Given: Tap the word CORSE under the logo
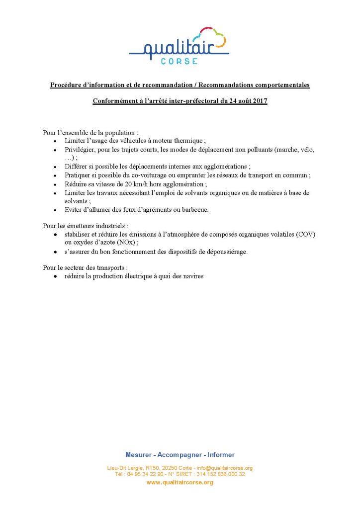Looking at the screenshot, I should pyautogui.click(x=180, y=61).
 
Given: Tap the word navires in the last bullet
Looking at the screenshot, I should pyautogui.click(x=191, y=276).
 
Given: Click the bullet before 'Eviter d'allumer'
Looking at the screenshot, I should pyautogui.click(x=55, y=210).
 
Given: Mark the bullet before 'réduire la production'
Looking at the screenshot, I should pyautogui.click(x=55, y=277).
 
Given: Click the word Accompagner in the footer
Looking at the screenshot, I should pyautogui.click(x=180, y=455).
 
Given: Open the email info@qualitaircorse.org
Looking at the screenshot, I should pyautogui.click(x=224, y=468).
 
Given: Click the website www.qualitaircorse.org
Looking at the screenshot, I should pyautogui.click(x=180, y=482).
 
